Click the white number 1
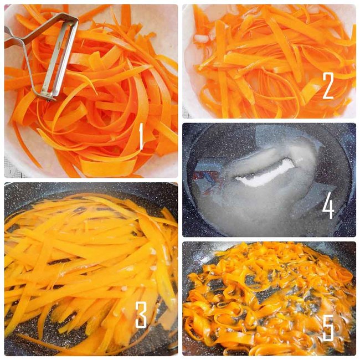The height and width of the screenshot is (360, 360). [141, 136]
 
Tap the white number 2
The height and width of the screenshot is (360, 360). [328, 86]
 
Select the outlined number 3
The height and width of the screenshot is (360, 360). [141, 315]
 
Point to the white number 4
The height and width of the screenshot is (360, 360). [328, 205]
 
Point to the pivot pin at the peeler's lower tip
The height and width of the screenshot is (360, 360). [49, 99]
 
